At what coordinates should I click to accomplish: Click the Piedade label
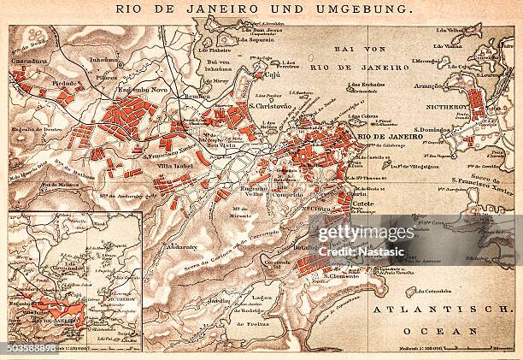62,83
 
